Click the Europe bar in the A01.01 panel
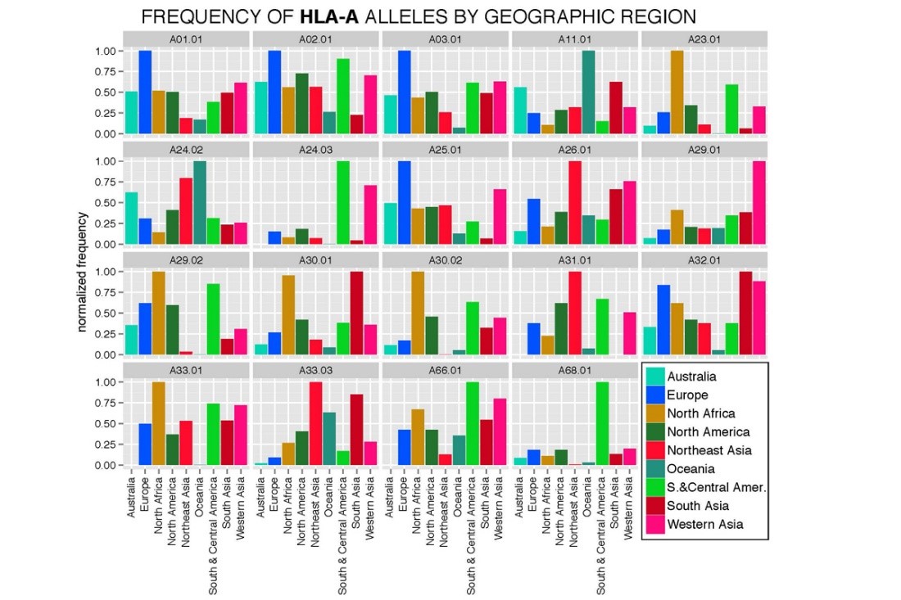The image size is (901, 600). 145,92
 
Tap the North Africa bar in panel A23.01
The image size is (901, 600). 677,92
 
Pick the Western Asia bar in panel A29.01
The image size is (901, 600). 759,202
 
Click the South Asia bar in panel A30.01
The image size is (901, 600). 356,313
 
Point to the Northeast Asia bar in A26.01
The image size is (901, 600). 574,202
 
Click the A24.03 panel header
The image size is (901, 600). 315,149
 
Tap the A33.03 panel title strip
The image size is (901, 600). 315,370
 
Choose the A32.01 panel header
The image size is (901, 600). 704,259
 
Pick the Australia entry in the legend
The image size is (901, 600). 692,377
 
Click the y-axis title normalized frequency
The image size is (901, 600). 83,272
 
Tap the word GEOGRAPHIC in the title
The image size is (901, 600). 543,16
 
